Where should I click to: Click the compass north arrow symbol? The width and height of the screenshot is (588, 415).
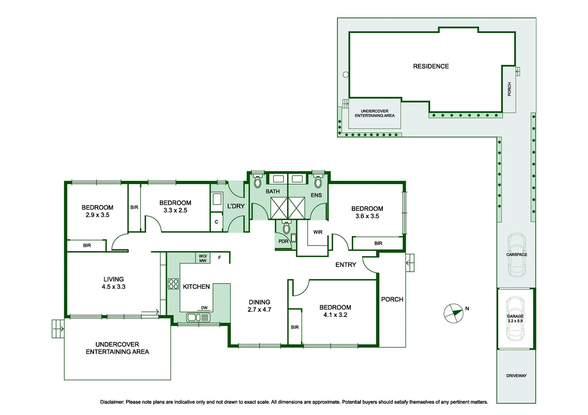(453, 313)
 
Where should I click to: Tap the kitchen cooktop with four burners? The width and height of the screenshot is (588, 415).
(173, 284)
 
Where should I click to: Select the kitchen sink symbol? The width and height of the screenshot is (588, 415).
(198, 317)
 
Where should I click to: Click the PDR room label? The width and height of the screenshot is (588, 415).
(283, 241)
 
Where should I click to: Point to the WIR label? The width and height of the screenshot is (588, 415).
(317, 232)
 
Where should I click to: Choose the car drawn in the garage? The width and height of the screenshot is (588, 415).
(515, 319)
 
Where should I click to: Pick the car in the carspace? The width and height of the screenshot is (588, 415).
(516, 255)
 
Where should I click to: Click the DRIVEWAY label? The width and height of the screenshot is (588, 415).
(516, 376)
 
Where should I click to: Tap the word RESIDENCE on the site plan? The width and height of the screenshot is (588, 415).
(431, 66)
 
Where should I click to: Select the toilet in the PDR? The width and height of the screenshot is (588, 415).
(286, 227)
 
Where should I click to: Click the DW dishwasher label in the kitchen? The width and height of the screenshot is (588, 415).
(204, 308)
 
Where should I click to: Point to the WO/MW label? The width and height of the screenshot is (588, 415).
(203, 259)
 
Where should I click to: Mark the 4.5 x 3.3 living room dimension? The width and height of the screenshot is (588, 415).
(114, 287)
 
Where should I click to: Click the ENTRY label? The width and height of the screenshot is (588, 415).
(346, 265)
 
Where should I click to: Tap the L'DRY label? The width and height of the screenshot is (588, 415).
(236, 206)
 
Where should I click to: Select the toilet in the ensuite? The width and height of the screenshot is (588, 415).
(318, 180)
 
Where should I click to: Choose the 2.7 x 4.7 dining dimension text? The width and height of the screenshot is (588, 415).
(259, 310)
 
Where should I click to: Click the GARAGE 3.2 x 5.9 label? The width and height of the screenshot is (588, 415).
(515, 319)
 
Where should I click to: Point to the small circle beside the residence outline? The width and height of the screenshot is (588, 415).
(346, 75)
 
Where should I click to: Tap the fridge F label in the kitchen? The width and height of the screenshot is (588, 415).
(220, 258)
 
